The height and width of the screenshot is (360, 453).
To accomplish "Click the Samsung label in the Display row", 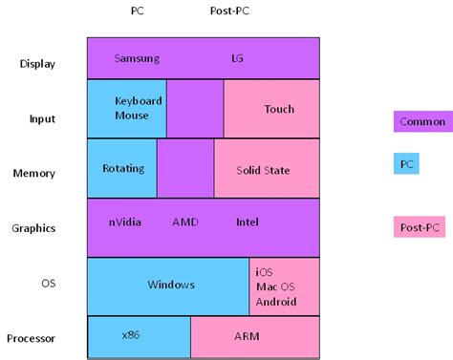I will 137,58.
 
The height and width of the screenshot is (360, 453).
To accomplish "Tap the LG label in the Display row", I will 237,58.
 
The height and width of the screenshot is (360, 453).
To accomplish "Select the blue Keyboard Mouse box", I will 126,108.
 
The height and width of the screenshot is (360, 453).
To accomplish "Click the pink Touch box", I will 272,109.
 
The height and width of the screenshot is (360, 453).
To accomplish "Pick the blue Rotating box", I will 122,169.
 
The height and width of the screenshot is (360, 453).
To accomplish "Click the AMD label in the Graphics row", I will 185,222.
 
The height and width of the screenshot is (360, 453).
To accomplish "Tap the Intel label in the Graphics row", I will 248,222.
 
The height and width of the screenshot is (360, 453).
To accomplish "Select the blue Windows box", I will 168,285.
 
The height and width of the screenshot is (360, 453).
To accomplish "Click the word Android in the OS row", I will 276,302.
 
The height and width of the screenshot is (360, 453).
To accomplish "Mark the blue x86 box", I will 139,335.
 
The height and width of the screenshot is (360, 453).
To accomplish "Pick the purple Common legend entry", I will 421,122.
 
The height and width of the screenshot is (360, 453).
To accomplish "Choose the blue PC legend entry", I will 407,164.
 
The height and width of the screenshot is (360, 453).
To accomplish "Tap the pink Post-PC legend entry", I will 420,227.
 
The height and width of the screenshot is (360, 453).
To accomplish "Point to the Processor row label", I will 31,338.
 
